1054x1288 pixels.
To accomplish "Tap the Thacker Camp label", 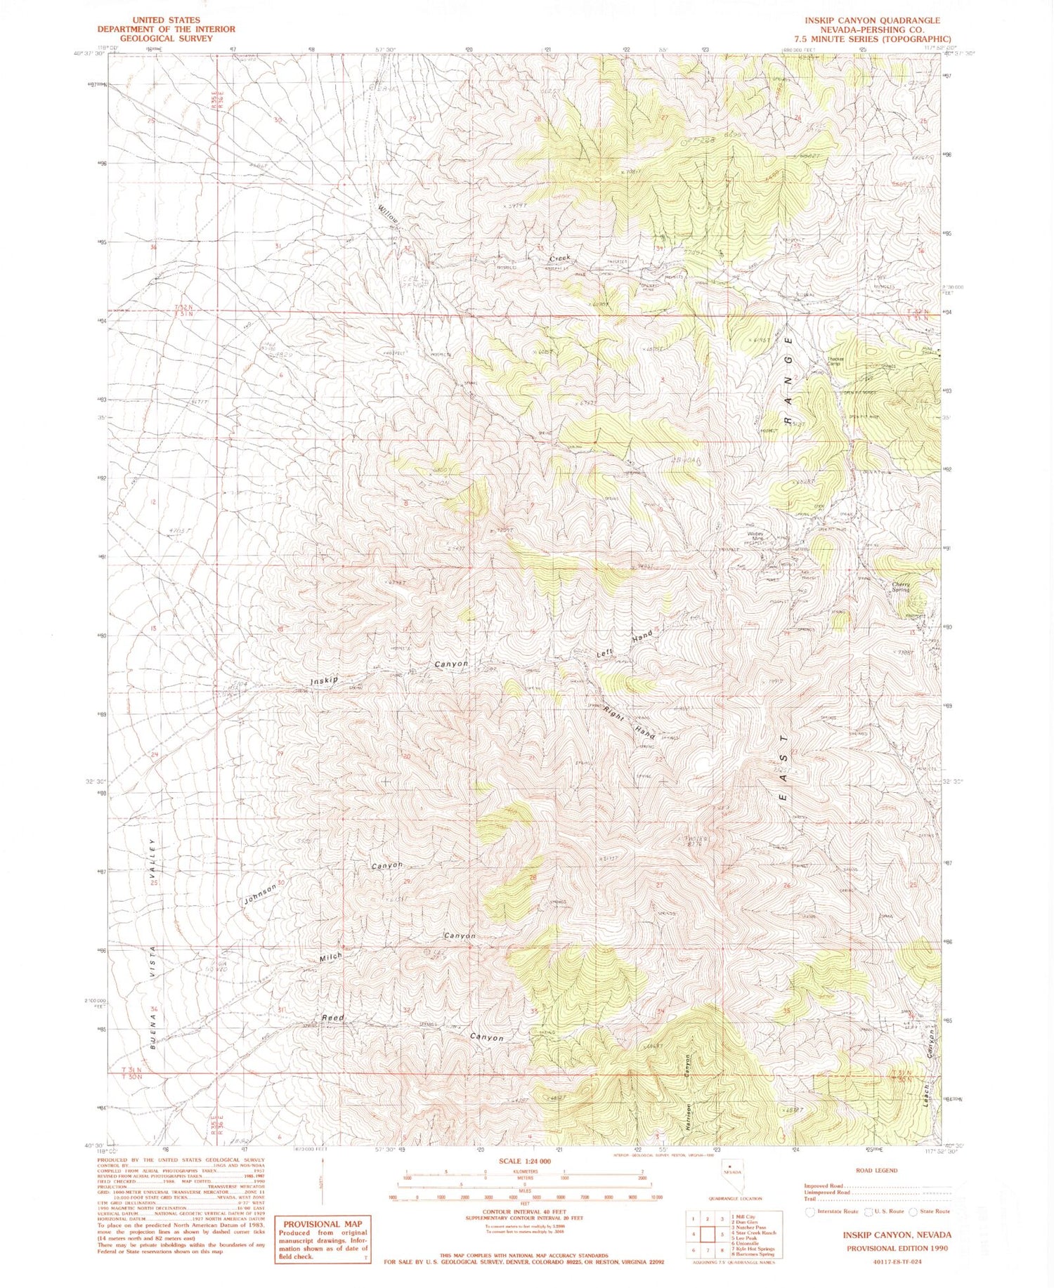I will click(x=834, y=362).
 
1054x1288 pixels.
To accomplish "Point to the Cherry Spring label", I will click(x=901, y=586).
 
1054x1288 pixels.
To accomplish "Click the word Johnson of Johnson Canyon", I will click(x=259, y=893).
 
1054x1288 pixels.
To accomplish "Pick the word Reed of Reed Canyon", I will click(x=332, y=1018).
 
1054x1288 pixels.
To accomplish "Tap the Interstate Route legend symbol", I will click(x=810, y=1211).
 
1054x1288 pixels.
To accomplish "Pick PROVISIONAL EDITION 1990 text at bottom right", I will click(x=897, y=1248).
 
